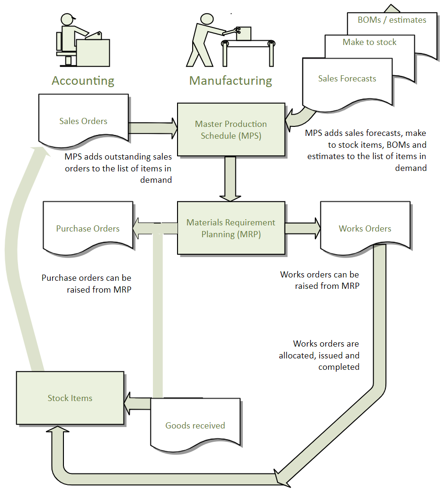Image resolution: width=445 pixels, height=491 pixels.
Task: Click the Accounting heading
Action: [83, 80]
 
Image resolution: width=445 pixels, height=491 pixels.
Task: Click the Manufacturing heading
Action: [231, 80]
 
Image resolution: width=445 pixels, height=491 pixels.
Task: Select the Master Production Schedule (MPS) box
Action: [231, 129]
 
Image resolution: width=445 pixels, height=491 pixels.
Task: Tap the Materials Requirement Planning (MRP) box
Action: [231, 228]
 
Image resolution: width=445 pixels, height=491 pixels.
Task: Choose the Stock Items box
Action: [70, 398]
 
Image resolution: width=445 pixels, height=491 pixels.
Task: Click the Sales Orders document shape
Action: [83, 120]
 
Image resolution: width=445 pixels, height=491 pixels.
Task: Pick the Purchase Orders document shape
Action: [88, 228]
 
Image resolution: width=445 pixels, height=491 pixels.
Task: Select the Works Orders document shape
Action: [365, 228]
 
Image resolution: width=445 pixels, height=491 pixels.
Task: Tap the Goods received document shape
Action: [195, 425]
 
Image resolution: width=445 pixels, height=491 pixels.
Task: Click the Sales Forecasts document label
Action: [347, 79]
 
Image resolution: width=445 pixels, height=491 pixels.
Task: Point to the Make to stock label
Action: [369, 42]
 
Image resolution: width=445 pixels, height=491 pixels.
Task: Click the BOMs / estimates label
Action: [392, 20]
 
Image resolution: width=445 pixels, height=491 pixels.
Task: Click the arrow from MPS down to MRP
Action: [231, 178]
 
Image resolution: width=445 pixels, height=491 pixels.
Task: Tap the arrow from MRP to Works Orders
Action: [302, 228]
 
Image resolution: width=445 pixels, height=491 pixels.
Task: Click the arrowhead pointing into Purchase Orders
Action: [138, 228]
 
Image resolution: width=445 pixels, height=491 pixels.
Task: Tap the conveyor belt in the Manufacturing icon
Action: [249, 44]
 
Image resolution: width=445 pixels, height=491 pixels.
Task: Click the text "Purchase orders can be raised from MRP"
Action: [86, 284]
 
